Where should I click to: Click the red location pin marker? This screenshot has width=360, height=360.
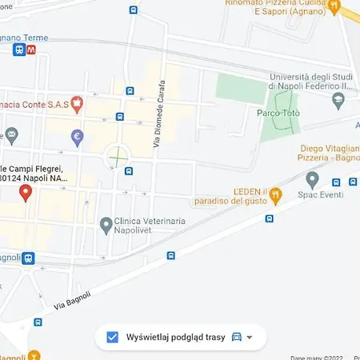tap(25, 192)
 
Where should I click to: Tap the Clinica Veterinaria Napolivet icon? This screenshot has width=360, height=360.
tap(106, 225)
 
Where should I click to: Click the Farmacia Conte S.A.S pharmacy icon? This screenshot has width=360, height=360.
tap(77, 102)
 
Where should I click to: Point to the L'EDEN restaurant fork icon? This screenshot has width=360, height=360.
tap(275, 193)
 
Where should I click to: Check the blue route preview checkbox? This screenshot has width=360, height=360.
tap(113, 337)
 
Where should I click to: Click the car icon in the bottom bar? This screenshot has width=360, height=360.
tap(236, 337)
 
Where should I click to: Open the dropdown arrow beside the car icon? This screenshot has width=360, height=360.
tap(250, 337)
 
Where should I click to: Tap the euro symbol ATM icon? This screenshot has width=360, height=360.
tap(77, 136)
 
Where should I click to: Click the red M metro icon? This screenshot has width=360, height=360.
tap(31, 50)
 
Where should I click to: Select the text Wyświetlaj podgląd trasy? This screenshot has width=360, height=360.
tap(174, 337)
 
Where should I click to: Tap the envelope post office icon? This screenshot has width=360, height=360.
tap(11, 134)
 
